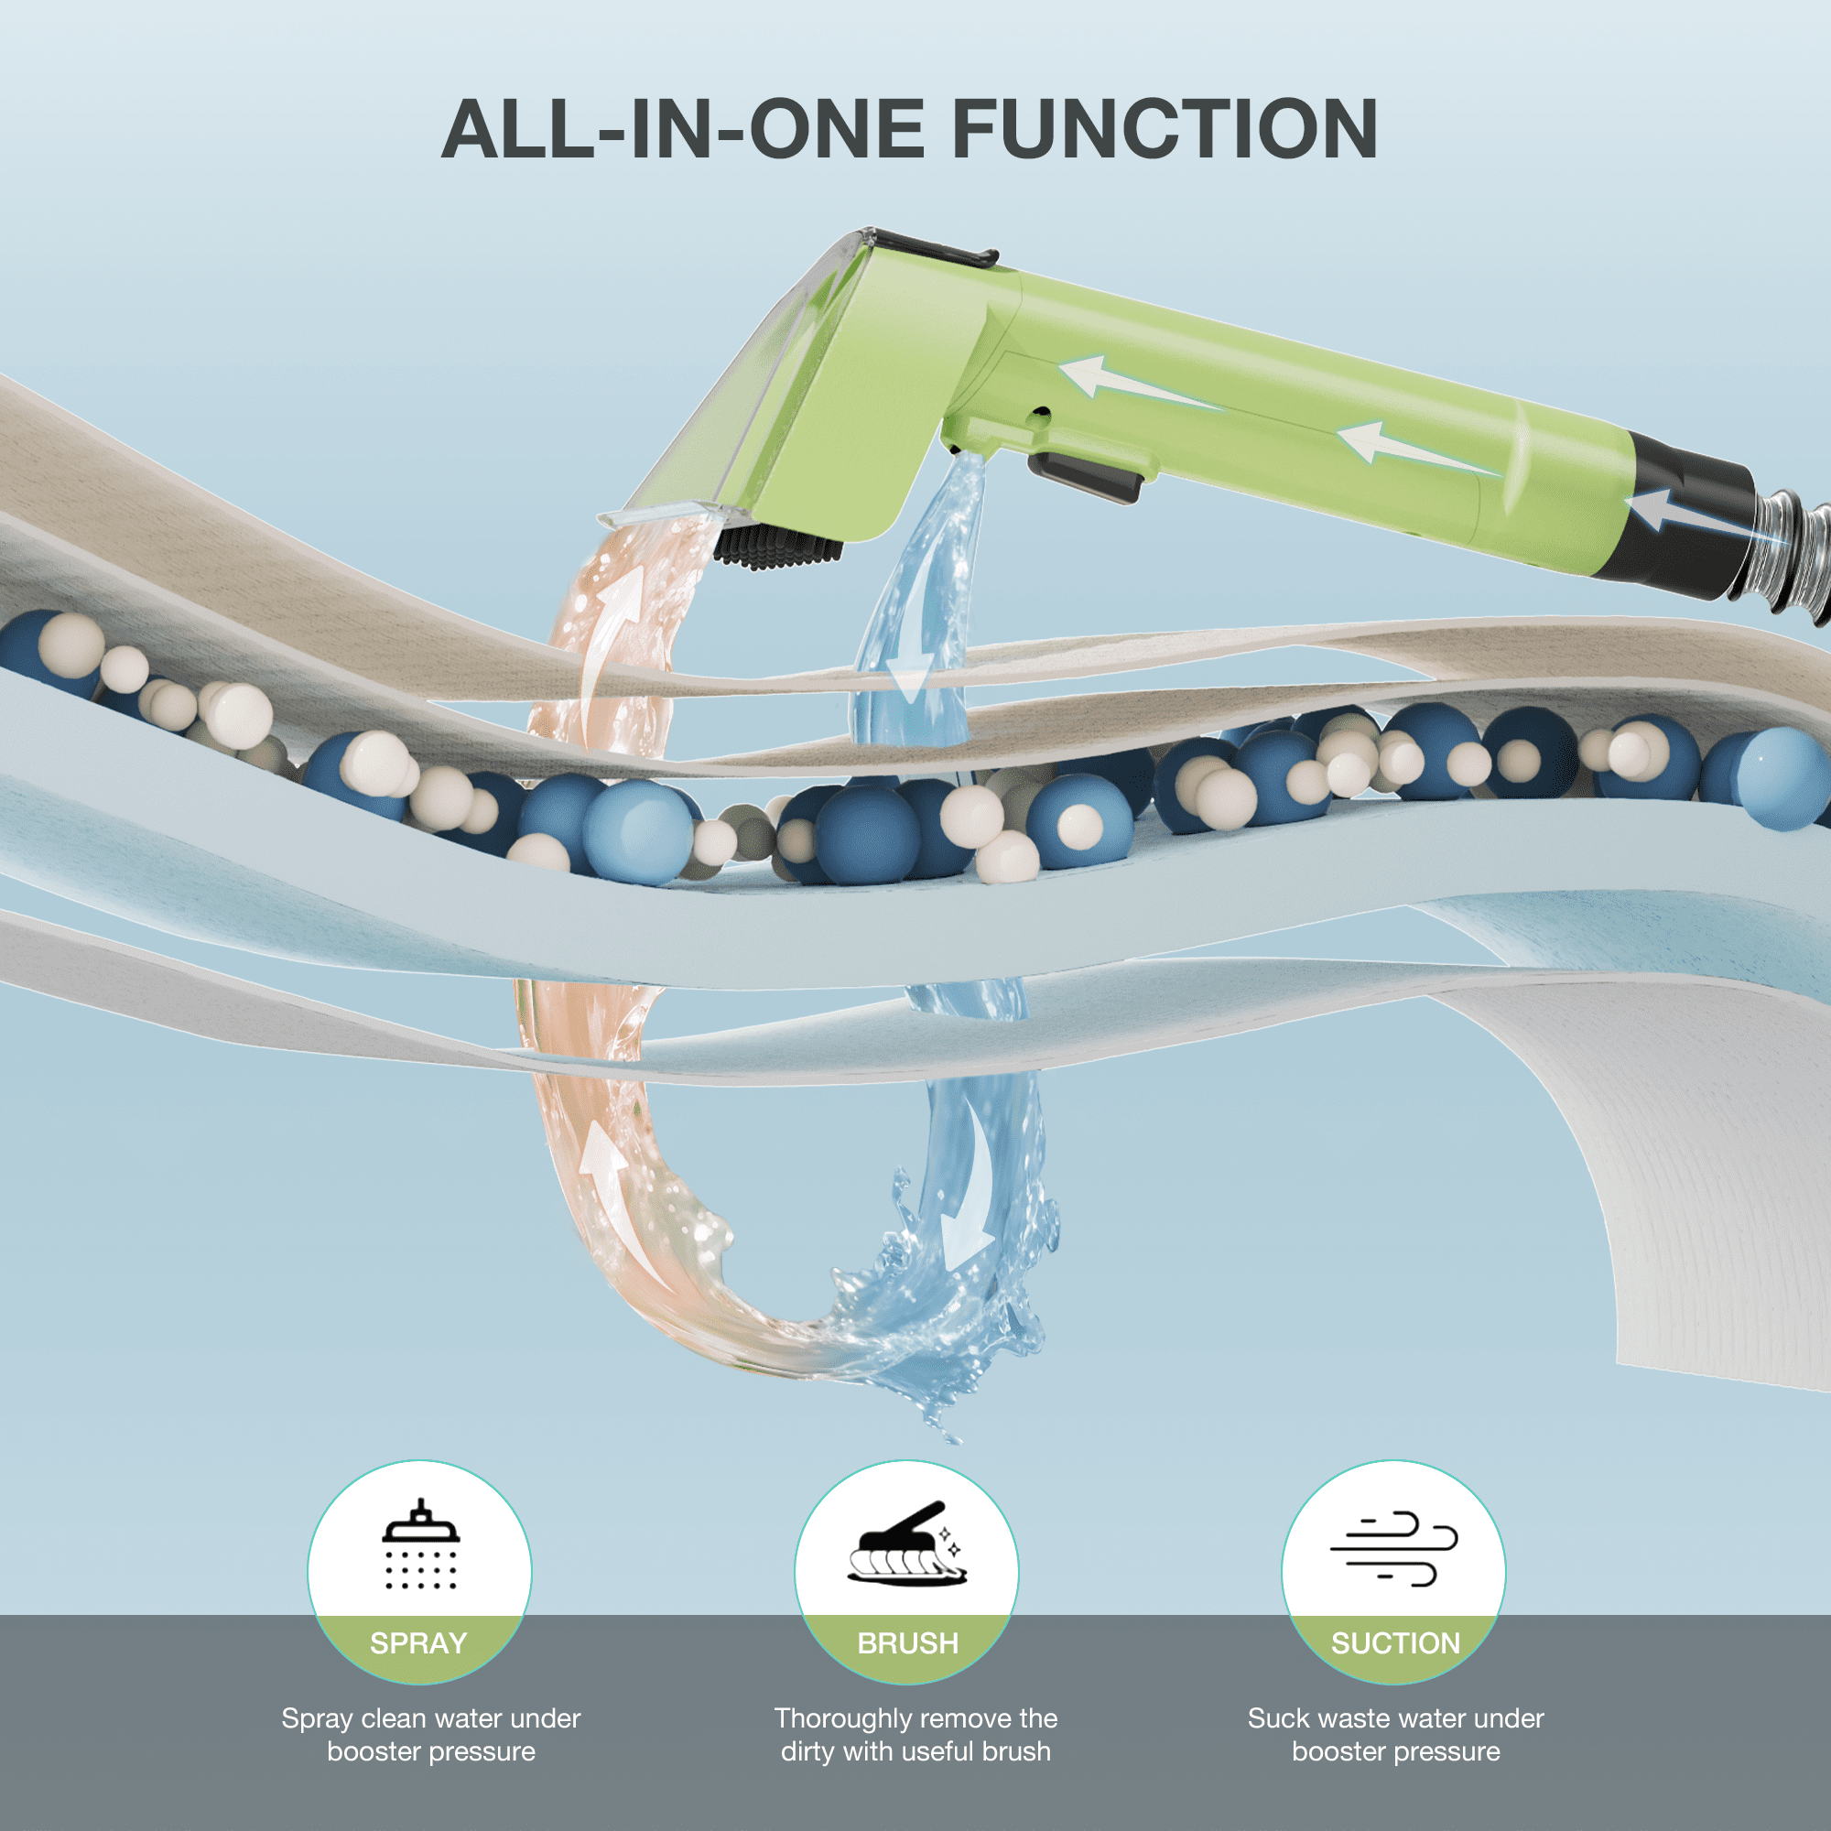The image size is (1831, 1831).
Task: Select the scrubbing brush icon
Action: [907, 1543]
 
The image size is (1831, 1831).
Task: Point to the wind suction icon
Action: [1393, 1549]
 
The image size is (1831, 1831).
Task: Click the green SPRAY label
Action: [419, 1643]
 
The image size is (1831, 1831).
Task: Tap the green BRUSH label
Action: [908, 1643]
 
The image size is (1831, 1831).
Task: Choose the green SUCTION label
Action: [1396, 1643]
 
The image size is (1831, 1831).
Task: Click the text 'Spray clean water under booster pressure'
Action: [431, 1734]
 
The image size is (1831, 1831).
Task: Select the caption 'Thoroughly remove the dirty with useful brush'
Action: [915, 1734]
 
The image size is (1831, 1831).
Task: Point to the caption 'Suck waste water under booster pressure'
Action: [1396, 1734]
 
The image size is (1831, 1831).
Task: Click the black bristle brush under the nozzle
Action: [777, 549]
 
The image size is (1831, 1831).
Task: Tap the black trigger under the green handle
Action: [1086, 477]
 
